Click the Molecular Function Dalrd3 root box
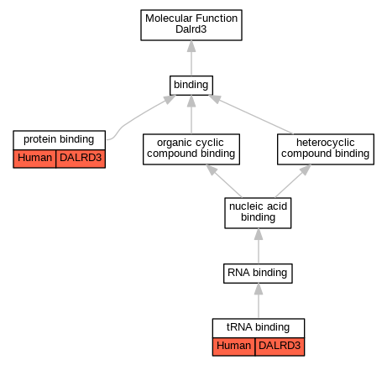pos(191,25)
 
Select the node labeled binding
pos(191,86)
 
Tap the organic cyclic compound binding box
pos(191,149)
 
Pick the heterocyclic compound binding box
pos(326,149)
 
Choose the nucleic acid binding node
pos(258,213)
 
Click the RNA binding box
pos(258,274)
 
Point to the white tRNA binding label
pos(259,328)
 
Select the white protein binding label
pos(59,140)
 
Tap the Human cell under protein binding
pos(34,159)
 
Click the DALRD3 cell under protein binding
pos(81,159)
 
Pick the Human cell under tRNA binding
pos(233,347)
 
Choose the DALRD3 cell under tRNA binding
pos(280,347)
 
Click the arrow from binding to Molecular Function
pos(191,58)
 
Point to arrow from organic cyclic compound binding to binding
pos(191,114)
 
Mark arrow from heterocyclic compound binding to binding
pos(251,114)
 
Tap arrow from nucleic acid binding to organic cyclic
pos(224,181)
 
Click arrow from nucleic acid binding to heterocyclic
pos(293,181)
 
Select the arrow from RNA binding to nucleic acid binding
pos(259,246)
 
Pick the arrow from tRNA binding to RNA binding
pos(259,300)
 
